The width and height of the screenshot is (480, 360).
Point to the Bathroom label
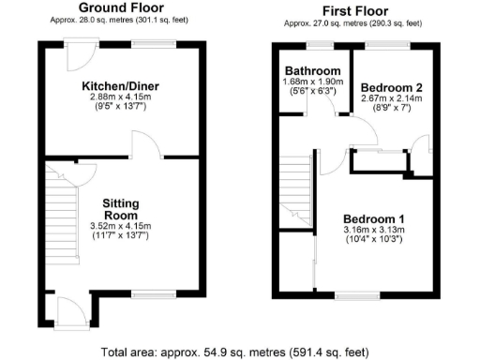click(x=313, y=70)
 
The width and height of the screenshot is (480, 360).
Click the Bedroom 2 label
click(x=393, y=87)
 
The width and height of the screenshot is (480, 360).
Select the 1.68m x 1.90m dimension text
click(x=313, y=82)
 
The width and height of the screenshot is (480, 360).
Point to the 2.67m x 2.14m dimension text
click(x=393, y=98)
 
